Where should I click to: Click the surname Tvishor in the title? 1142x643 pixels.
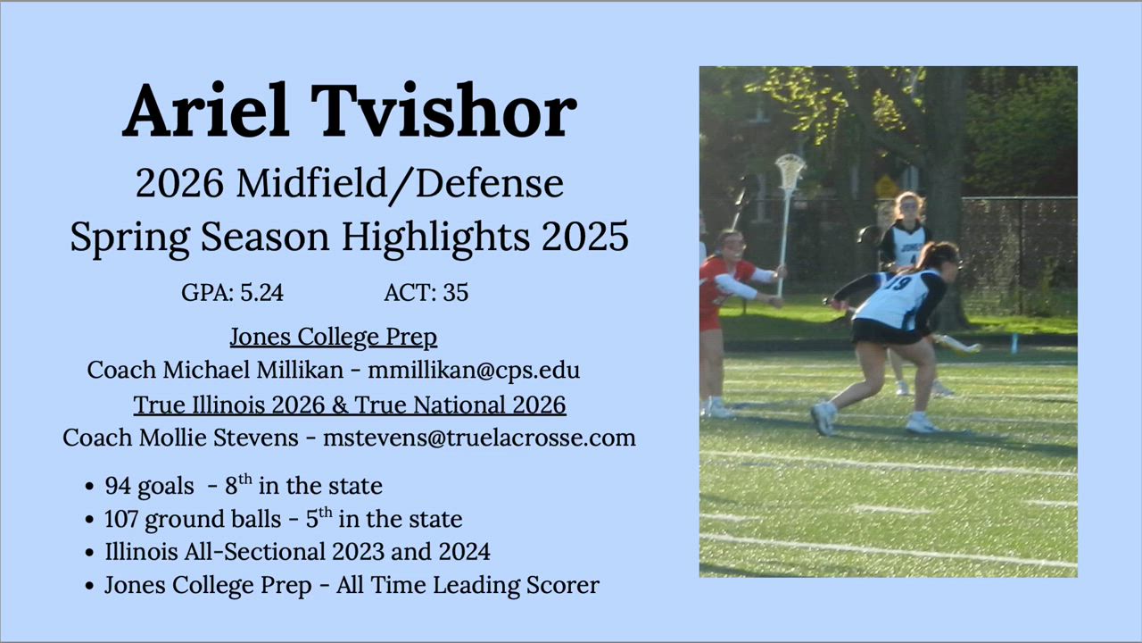pos(443,111)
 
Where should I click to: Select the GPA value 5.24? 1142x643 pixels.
pos(261,292)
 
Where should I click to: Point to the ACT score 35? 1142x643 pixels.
pos(455,292)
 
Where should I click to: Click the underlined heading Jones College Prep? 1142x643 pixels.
pos(334,337)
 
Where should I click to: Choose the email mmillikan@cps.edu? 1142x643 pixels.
pos(474,370)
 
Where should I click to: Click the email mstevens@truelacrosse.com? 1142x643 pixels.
pos(479,438)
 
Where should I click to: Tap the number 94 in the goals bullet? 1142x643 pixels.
pos(118,485)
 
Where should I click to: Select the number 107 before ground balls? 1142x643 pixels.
pos(121,519)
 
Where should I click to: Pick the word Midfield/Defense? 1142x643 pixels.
pos(400,184)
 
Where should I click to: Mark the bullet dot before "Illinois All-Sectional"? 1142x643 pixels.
pos(90,553)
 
